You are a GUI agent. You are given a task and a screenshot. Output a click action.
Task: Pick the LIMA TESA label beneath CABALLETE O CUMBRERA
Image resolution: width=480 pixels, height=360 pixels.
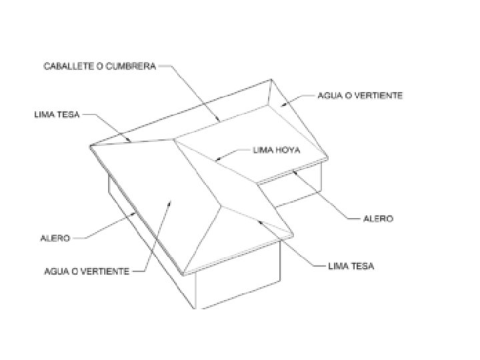click(x=57, y=115)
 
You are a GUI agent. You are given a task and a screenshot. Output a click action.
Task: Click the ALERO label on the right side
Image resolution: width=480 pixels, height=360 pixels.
click(x=377, y=219)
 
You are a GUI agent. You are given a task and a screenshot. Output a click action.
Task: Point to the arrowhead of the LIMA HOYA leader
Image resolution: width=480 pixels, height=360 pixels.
click(x=217, y=160)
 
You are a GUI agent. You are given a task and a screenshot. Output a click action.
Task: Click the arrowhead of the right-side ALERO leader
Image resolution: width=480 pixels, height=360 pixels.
click(x=293, y=171)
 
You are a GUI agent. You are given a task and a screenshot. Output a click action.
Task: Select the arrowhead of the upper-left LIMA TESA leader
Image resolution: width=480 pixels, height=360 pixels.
click(x=131, y=141)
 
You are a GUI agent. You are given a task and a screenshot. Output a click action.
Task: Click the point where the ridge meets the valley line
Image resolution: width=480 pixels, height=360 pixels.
click(x=175, y=139)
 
